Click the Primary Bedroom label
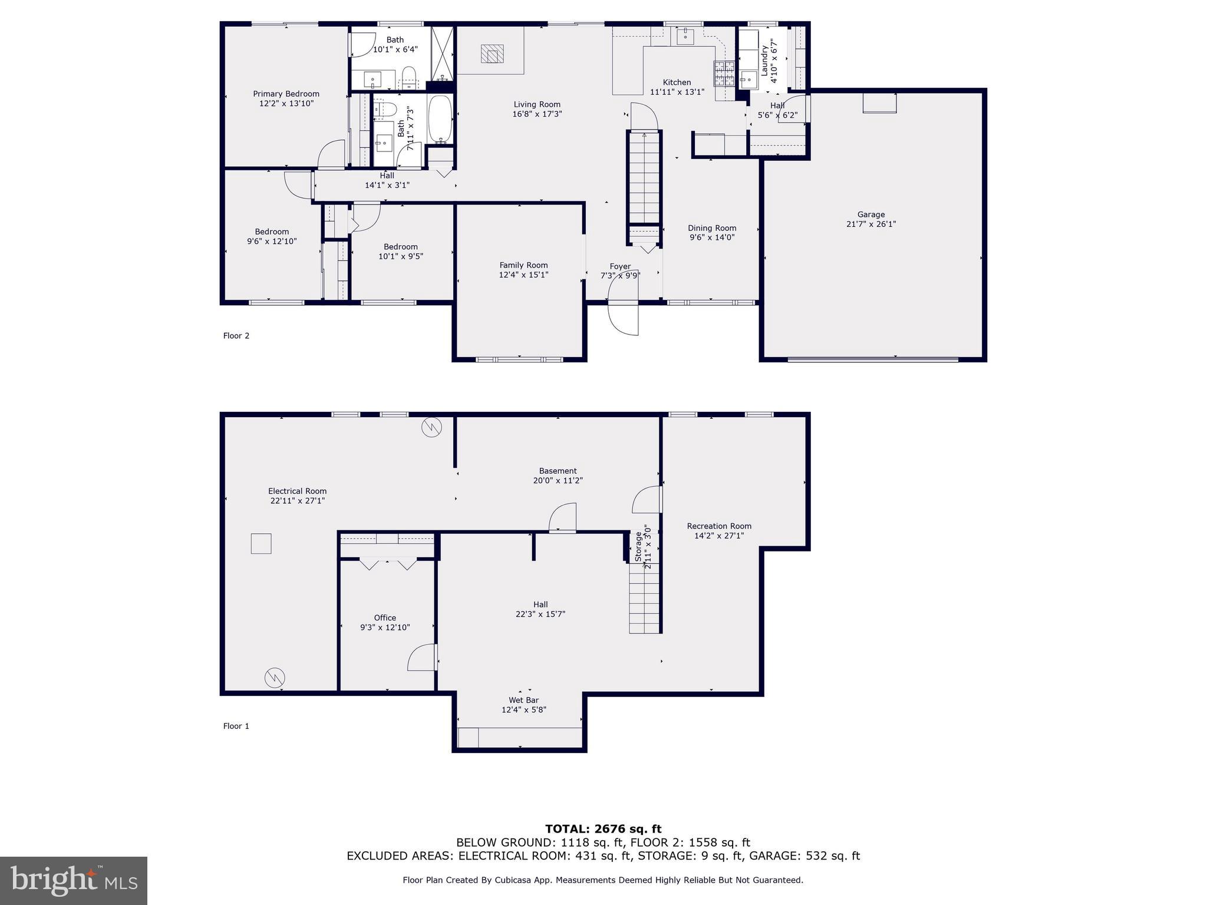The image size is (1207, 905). click(x=286, y=94)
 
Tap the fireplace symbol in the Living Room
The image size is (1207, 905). click(x=492, y=54)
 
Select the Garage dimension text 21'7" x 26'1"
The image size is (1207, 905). click(x=871, y=224)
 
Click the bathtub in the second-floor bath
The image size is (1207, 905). click(x=440, y=120)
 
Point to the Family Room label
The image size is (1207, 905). click(x=523, y=265)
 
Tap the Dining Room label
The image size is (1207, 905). click(x=712, y=228)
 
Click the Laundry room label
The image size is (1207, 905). click(x=765, y=60)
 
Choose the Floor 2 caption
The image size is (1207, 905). click(x=236, y=336)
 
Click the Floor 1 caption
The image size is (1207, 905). click(x=236, y=726)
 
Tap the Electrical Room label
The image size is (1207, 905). click(x=297, y=491)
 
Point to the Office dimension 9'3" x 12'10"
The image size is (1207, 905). click(x=385, y=627)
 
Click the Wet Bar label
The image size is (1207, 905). click(x=523, y=700)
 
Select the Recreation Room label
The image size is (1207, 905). click(x=719, y=526)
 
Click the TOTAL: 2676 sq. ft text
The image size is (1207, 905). click(x=603, y=829)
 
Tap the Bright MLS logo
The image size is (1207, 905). click(x=74, y=880)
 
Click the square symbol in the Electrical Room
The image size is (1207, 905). click(x=261, y=543)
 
